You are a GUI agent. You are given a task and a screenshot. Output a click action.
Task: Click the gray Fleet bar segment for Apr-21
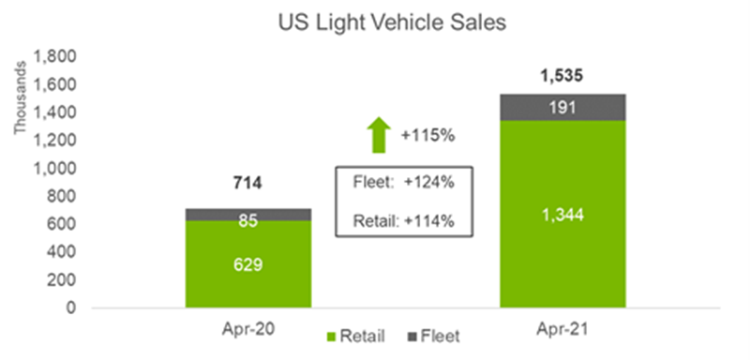(x=563, y=107)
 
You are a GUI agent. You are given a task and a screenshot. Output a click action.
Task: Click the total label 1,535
(x=563, y=76)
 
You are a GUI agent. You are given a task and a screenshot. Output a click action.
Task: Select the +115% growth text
(x=427, y=136)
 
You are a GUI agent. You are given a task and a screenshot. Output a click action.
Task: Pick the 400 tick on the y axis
(x=61, y=252)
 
